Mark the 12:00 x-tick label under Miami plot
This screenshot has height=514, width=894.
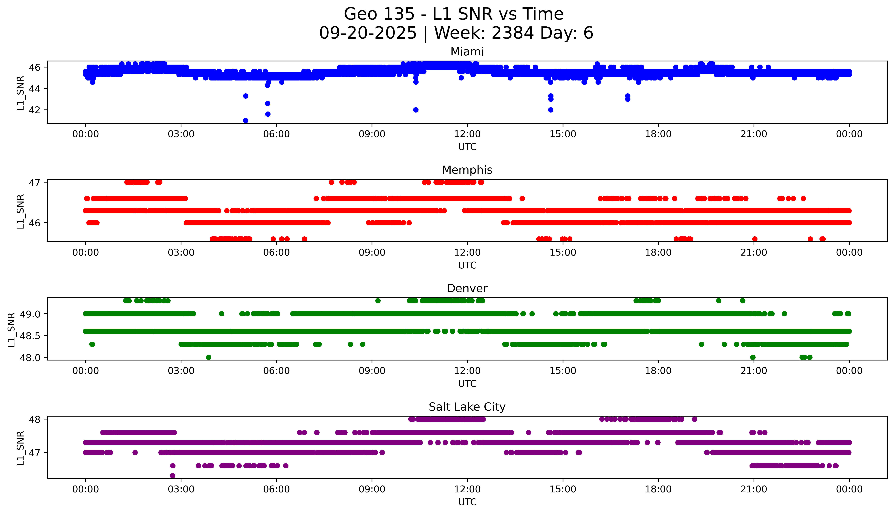[x=467, y=134]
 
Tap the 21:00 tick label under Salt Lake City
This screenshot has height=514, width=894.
[x=754, y=489]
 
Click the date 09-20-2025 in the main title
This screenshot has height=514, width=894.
[x=368, y=33]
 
